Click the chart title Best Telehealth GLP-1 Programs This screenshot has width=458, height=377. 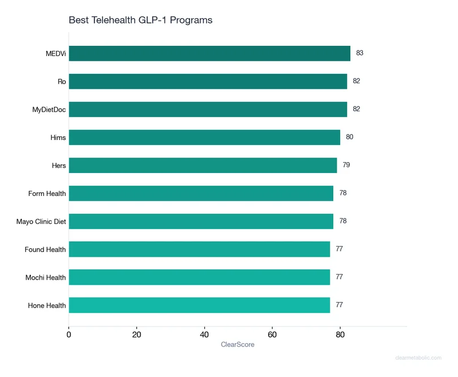[140, 20]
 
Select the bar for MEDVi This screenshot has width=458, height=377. [210, 53]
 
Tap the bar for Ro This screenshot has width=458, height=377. [208, 81]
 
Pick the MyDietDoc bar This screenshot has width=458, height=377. [208, 109]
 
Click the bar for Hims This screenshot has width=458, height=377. [204, 138]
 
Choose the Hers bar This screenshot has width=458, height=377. [203, 166]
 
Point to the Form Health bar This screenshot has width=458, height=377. [201, 194]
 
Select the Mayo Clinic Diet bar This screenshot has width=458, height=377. [201, 221]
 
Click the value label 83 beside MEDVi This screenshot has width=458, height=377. [360, 53]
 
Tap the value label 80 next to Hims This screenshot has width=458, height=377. [349, 138]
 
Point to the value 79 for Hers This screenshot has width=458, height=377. [346, 165]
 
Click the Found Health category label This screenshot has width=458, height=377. [45, 250]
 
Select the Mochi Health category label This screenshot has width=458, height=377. [46, 278]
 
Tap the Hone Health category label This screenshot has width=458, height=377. [47, 306]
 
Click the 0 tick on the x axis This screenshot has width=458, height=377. [69, 335]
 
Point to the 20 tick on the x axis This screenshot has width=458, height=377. [136, 335]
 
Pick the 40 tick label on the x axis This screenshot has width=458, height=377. [204, 335]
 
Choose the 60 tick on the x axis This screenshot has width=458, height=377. [272, 335]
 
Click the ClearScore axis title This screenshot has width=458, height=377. [238, 345]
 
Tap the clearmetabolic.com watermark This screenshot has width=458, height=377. [418, 358]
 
